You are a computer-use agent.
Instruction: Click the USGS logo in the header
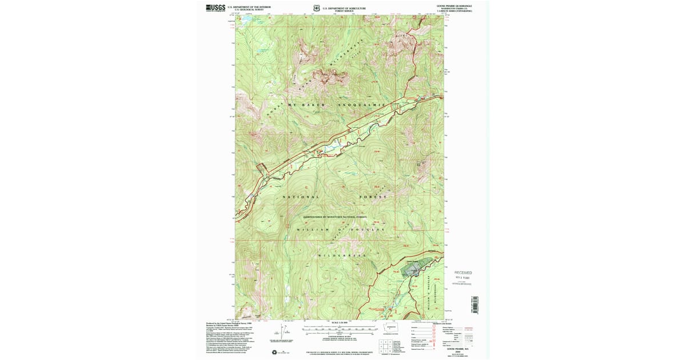click(216, 7)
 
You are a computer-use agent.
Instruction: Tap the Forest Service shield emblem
click(316, 9)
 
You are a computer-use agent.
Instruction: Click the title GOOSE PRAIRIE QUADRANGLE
click(454, 6)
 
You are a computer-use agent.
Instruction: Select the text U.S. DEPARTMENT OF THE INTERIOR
click(249, 7)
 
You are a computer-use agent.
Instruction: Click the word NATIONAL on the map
click(301, 197)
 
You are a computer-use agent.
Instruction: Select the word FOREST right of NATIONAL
click(373, 197)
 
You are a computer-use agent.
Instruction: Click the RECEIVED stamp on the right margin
click(463, 273)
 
